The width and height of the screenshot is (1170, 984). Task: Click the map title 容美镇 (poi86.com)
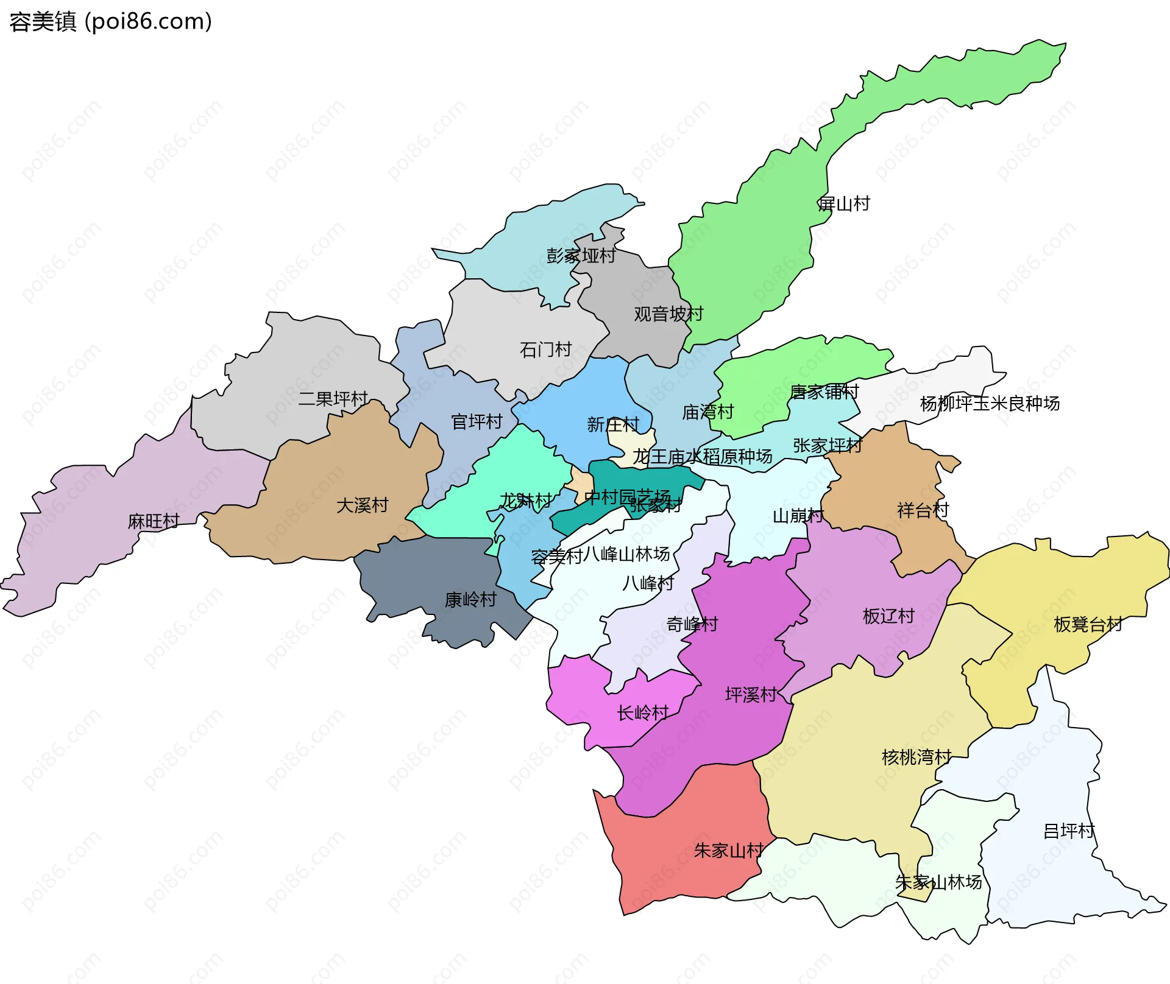[111, 22]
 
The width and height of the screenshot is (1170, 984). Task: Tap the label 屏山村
[843, 204]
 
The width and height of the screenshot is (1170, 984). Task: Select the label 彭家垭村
[581, 256]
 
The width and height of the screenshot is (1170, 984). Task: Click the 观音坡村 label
[668, 314]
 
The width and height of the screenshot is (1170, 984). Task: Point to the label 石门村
[545, 350]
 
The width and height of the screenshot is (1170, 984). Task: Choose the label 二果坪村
[333, 399]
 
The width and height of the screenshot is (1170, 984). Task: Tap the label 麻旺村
[154, 521]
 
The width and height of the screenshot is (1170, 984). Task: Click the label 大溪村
[362, 505]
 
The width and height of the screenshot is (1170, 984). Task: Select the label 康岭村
[470, 600]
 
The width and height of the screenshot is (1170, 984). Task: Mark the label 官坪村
[477, 421]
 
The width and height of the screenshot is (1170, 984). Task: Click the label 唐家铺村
[824, 392]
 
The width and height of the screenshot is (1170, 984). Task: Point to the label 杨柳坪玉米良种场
[990, 403]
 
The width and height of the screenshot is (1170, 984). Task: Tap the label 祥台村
[923, 510]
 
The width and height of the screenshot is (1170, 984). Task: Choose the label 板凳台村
[1088, 624]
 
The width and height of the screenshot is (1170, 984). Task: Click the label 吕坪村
[1069, 831]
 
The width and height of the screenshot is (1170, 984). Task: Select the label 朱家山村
[729, 851]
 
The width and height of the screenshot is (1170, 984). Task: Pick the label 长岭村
[643, 712]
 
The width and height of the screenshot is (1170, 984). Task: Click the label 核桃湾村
[916, 757]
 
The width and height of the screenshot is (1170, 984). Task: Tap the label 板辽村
[888, 616]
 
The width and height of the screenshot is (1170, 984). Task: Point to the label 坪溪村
[751, 695]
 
